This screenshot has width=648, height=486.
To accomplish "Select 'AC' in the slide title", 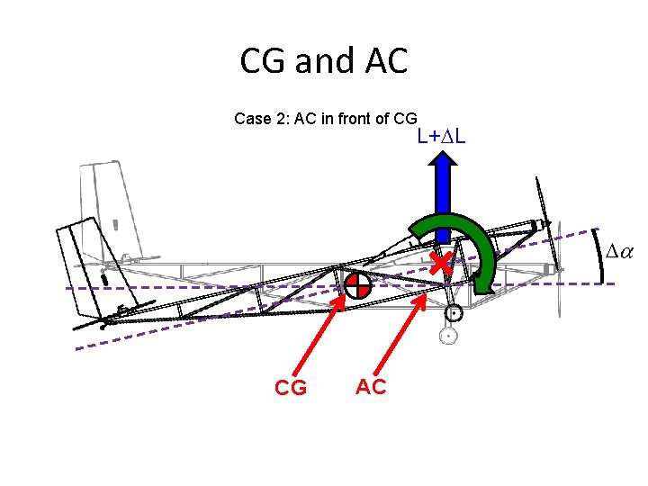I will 384,61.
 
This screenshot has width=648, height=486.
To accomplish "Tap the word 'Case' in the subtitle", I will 251,118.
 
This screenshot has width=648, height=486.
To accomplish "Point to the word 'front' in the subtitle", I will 356,118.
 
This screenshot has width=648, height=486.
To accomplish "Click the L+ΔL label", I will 441,137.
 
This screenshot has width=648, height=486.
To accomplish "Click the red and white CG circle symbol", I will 357,285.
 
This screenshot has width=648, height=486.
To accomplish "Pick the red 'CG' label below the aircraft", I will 291,388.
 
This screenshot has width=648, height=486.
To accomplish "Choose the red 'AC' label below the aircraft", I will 371,387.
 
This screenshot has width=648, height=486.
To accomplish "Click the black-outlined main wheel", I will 454,313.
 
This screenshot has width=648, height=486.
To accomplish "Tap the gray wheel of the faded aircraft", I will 446,337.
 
